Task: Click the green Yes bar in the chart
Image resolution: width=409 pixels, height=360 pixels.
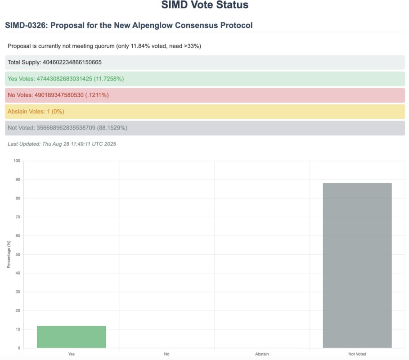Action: [71, 337]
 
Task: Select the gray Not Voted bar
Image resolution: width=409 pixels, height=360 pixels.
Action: [357, 265]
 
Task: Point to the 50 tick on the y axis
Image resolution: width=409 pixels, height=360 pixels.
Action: [18, 254]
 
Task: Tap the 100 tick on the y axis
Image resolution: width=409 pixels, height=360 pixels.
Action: [17, 161]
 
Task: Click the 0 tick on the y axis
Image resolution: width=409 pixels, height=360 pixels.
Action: [18, 348]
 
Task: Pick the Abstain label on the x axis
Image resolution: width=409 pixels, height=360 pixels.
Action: [262, 354]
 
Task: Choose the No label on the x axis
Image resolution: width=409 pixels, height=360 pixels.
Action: [166, 354]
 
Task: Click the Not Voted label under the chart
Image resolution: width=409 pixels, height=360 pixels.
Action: [357, 354]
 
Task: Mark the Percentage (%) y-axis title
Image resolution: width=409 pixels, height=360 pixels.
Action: [8, 254]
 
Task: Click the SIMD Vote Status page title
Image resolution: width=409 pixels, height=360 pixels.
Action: [205, 6]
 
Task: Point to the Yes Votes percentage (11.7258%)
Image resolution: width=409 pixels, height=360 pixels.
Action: [108, 79]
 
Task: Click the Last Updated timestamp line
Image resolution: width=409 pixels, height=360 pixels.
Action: [62, 144]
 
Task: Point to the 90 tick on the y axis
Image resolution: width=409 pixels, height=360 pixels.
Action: [18, 180]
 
